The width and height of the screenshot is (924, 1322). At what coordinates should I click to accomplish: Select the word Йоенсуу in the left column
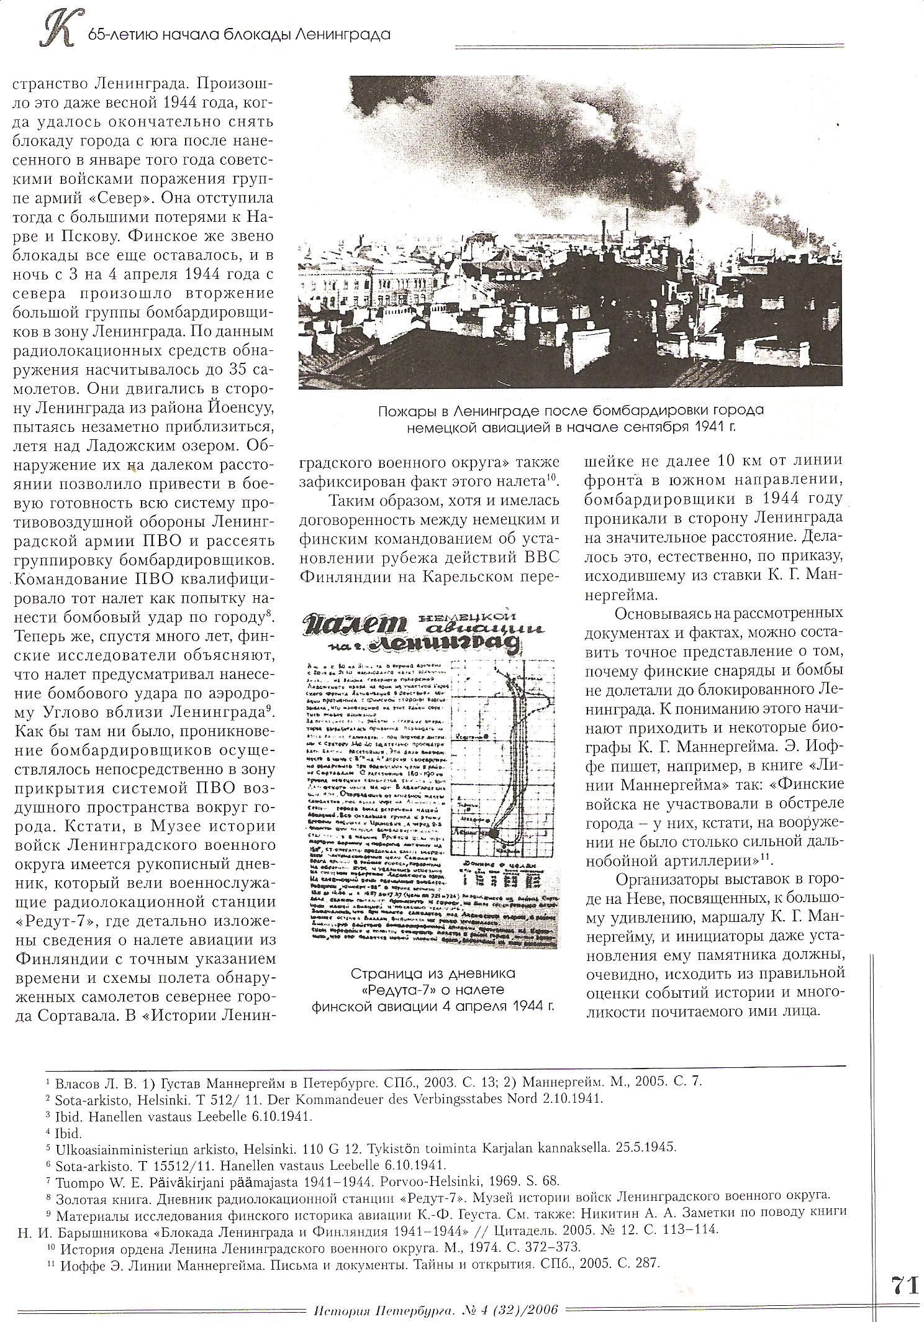pyautogui.click(x=240, y=406)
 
